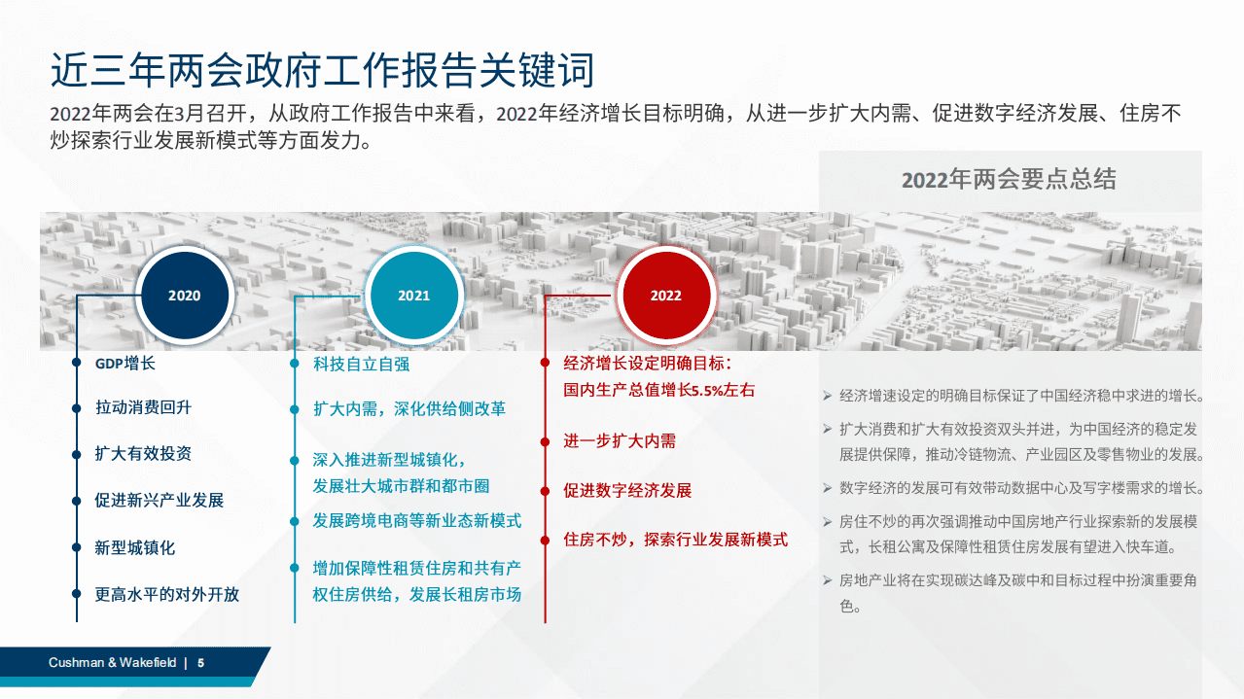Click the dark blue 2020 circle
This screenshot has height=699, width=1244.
184,296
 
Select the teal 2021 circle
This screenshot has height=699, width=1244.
413,296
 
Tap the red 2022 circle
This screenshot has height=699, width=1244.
666,296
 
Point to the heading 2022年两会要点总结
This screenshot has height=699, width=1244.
1009,180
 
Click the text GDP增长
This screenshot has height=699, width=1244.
124,364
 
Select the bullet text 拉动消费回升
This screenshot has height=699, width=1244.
143,407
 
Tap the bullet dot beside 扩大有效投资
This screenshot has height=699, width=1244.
77,454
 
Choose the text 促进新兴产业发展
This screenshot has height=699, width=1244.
159,501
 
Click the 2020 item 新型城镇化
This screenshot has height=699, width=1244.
134,547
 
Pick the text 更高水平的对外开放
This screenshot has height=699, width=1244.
166,594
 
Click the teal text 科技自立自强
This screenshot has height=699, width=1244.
361,364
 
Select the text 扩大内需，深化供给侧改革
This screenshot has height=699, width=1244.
409,408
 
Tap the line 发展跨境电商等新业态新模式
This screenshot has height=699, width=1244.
416,520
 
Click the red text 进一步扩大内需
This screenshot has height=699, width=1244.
620,440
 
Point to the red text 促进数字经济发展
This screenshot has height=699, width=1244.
627,490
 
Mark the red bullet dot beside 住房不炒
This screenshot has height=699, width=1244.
545,540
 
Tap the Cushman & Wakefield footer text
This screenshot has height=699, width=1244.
113,662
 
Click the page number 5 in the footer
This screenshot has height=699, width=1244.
201,662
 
